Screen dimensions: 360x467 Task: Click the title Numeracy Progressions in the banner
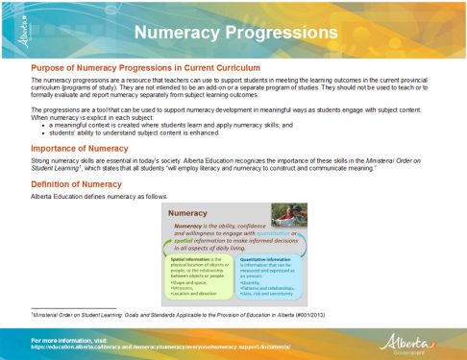click(234, 33)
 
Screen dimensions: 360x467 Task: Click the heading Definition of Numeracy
click(76, 182)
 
